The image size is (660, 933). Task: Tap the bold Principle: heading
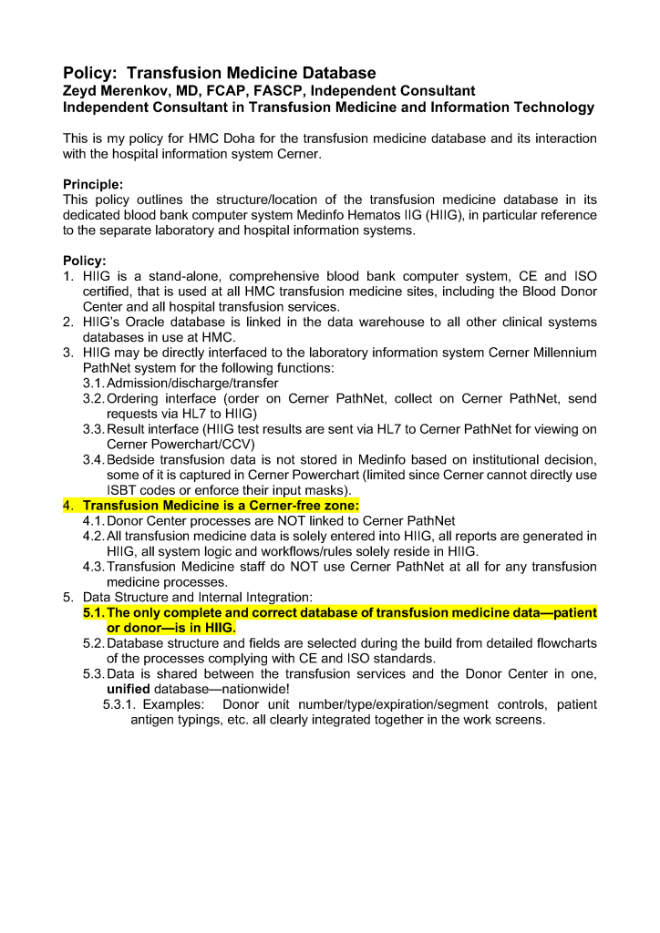point(93,184)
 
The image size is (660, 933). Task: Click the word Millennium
point(562,353)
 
